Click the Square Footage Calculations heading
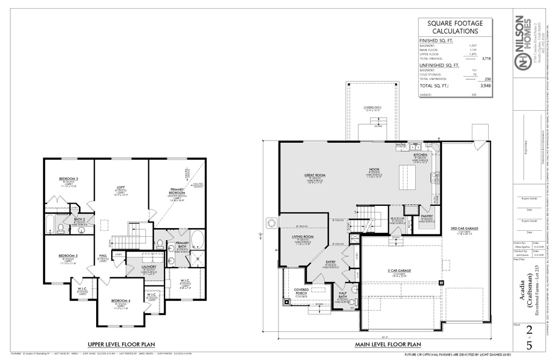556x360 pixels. pos(455,27)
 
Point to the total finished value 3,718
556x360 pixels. pos(486,58)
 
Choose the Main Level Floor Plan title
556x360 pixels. pos(388,344)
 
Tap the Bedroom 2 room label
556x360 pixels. pos(69,179)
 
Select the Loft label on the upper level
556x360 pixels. pos(121,188)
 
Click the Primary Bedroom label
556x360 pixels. pos(176,191)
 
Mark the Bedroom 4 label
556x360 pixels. pos(121,301)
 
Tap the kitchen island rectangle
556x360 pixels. pos(407,178)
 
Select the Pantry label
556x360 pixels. pos(427,216)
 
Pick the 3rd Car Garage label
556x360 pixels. pos(464,229)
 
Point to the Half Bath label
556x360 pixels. pos(343,294)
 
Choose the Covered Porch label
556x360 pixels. pos(301,290)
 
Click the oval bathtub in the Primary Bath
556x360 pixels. pos(197,239)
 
